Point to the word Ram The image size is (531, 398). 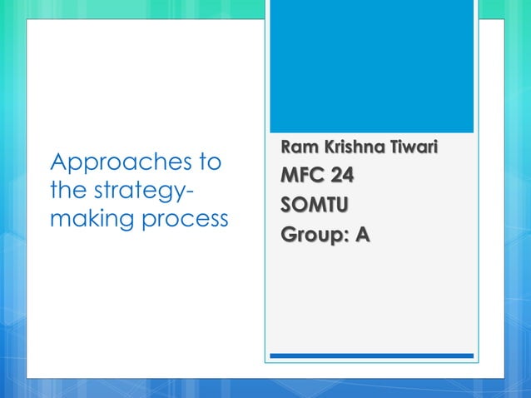coord(296,149)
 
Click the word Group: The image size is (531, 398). coord(315,235)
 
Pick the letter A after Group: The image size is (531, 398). coord(363,235)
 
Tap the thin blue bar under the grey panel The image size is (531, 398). coord(372,356)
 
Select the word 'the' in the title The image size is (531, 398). coord(67,191)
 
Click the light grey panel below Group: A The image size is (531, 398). coord(372,300)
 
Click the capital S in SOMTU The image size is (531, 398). coord(287,206)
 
